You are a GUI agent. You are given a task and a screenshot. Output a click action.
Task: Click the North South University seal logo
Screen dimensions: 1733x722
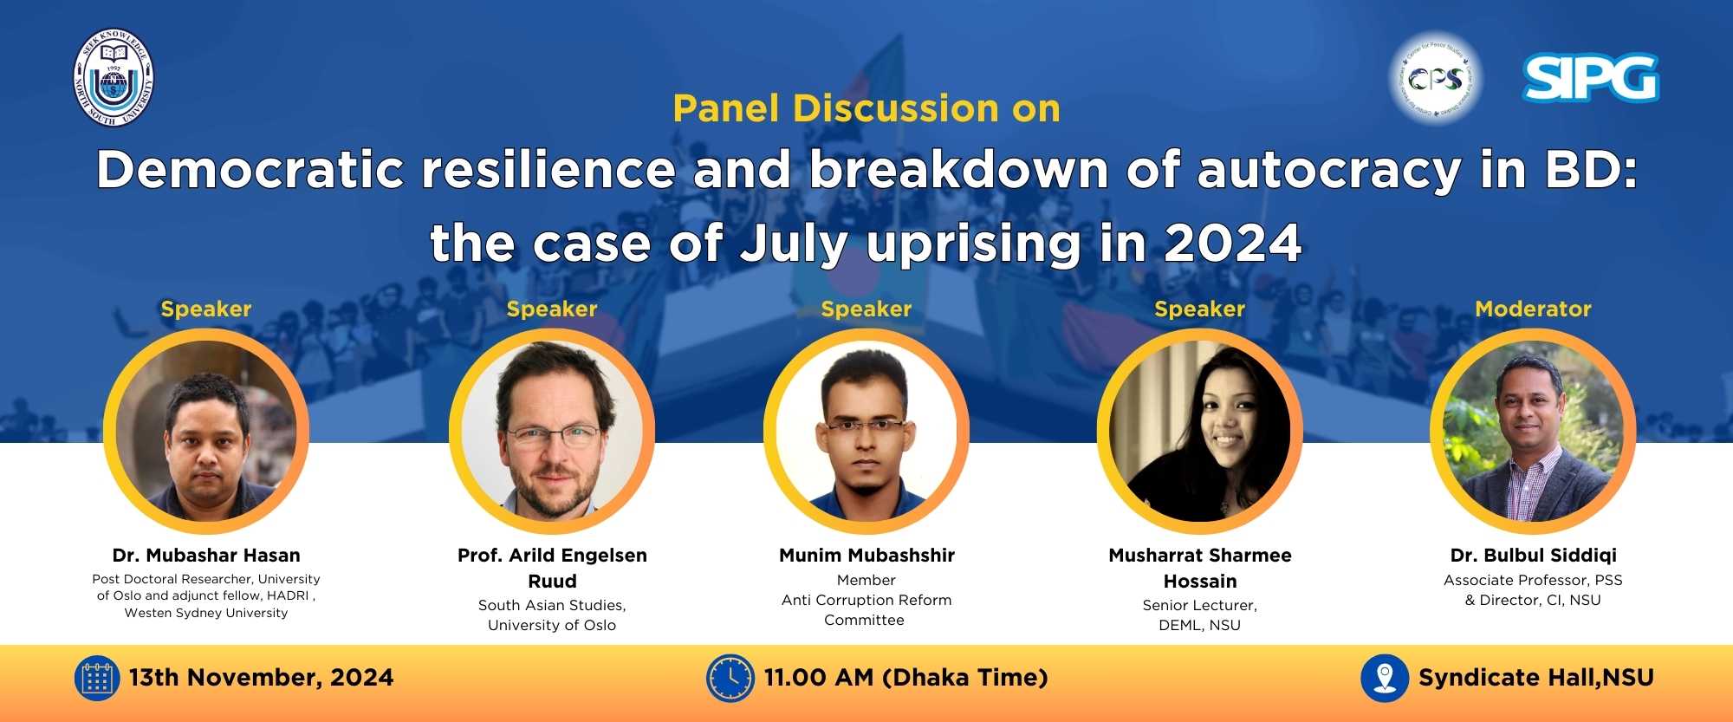tap(114, 79)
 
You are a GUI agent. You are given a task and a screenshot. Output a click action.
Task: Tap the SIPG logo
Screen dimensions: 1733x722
tap(1590, 78)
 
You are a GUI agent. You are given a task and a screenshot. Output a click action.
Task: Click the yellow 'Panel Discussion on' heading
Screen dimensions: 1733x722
tap(866, 108)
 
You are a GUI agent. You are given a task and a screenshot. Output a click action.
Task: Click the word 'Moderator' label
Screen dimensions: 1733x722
tap(1533, 309)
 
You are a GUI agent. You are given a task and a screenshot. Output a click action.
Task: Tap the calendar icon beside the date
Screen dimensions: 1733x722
tap(96, 678)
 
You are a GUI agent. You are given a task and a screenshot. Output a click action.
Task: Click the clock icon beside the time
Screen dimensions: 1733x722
tap(730, 678)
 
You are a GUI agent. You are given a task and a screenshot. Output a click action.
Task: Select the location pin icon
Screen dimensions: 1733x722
tap(1385, 678)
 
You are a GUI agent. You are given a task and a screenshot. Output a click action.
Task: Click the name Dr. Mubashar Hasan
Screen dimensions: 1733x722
tap(206, 555)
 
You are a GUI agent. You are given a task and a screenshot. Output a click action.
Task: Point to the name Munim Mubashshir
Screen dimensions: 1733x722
tap(866, 555)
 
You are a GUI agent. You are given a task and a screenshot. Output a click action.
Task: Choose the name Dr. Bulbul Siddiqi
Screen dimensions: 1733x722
tap(1533, 555)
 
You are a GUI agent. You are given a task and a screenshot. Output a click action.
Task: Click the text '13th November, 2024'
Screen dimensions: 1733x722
tap(261, 678)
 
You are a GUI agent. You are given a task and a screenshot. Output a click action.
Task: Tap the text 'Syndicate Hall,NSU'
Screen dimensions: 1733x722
tap(1536, 678)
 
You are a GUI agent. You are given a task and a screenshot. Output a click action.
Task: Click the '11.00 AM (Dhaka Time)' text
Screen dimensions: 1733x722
tap(905, 678)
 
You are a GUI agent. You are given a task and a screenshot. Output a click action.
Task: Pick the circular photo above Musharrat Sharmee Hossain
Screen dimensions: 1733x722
tap(1200, 431)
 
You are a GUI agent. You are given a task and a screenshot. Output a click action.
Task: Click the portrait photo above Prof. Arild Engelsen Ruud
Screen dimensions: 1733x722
tap(552, 431)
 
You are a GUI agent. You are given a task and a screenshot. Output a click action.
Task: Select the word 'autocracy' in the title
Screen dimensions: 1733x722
tap(1329, 170)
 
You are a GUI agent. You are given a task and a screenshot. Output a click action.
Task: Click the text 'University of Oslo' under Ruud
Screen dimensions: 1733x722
tap(552, 625)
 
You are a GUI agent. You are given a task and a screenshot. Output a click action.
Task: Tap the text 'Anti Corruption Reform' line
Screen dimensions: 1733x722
tap(866, 600)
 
